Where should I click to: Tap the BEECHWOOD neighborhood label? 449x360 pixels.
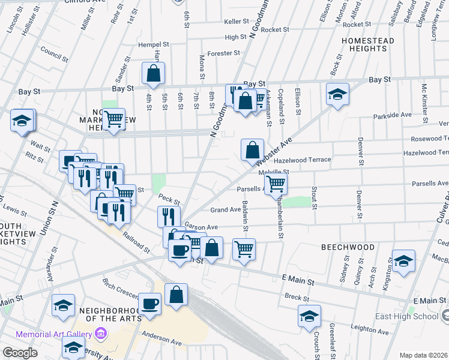(348, 247)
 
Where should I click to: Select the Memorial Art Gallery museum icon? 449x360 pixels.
(100, 334)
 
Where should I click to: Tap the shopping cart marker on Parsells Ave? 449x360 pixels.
(276, 183)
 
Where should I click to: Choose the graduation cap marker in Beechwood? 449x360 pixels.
(403, 260)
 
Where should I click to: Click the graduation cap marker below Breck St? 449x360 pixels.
(309, 316)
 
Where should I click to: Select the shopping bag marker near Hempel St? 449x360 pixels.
(153, 73)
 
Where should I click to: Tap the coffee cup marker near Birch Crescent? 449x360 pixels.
(150, 303)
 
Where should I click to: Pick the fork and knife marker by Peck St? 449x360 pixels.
(169, 216)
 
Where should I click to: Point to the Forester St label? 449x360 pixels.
(223, 53)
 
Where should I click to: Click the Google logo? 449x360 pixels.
(20, 352)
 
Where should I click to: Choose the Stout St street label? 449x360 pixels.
(314, 198)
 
